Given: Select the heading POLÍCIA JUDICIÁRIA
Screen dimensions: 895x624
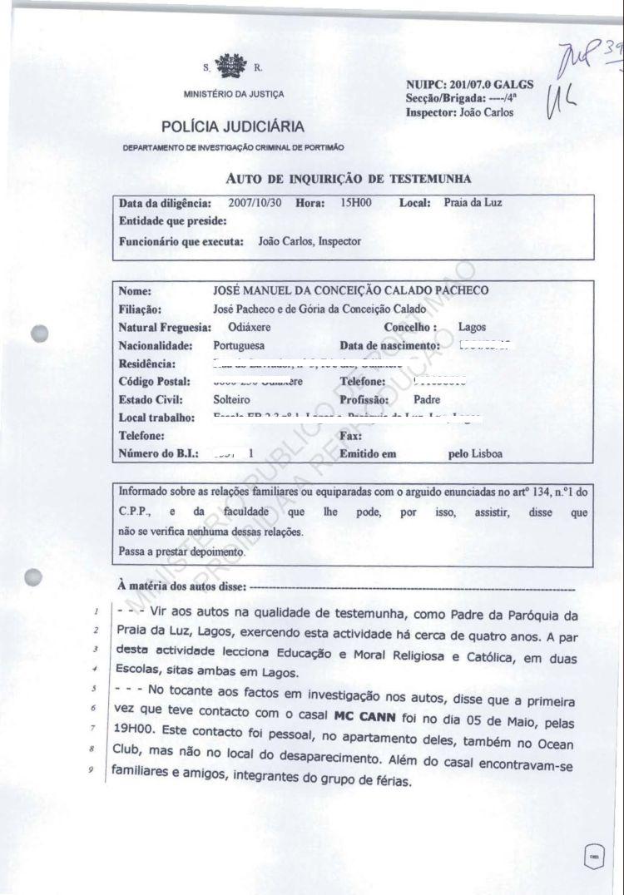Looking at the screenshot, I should (x=233, y=127).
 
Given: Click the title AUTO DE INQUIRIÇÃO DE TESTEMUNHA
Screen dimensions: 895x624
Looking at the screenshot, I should (x=349, y=178).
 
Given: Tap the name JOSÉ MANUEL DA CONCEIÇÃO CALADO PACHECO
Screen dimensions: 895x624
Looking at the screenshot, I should (x=351, y=290).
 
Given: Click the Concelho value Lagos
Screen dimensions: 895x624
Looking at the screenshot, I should (x=473, y=327).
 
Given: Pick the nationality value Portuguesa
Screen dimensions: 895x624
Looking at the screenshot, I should (x=240, y=345).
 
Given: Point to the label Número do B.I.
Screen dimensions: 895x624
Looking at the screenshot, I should (x=158, y=454).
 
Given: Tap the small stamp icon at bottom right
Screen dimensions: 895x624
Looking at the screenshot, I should (x=594, y=860).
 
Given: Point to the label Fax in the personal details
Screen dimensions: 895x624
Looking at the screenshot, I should (x=349, y=436).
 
